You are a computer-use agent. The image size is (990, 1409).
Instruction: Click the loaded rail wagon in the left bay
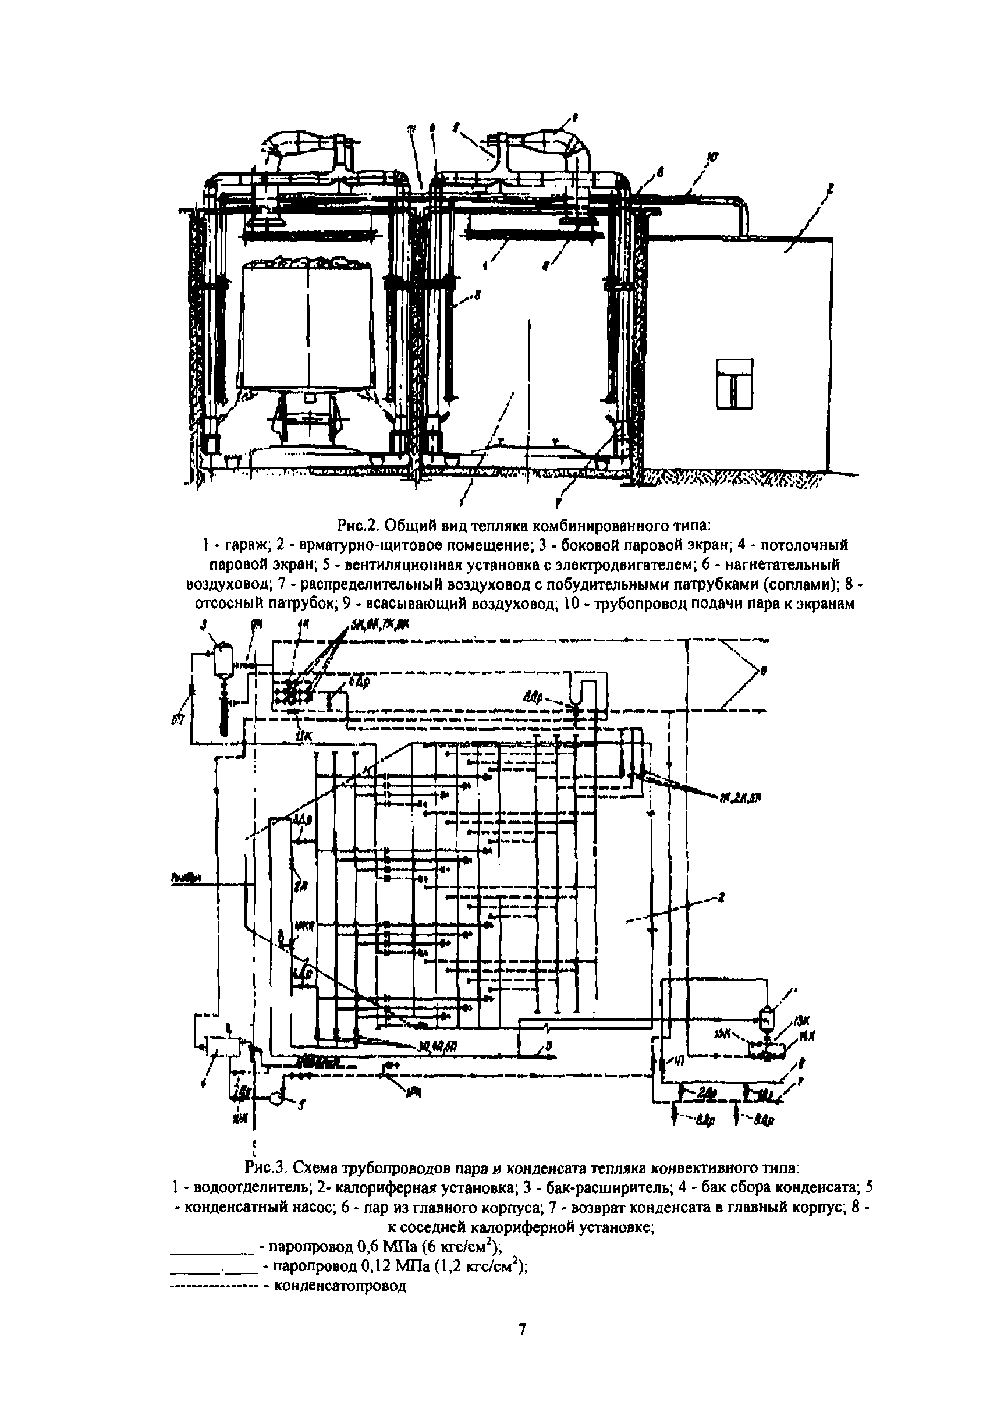click(x=306, y=325)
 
